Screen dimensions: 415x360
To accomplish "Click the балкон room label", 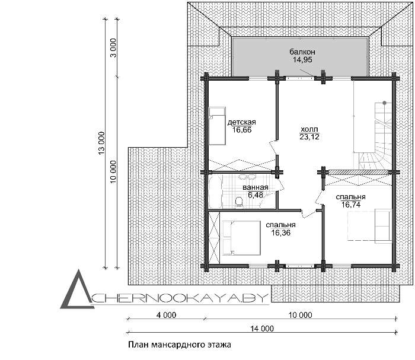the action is pyautogui.click(x=302, y=52).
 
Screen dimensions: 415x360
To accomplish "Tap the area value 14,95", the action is pyautogui.click(x=302, y=60).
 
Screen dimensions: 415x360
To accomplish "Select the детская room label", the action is pyautogui.click(x=242, y=122).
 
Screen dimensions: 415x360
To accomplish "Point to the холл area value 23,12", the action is pyautogui.click(x=309, y=137).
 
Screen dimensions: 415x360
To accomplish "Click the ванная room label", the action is pyautogui.click(x=256, y=187).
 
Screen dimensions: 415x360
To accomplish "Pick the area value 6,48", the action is pyautogui.click(x=256, y=195).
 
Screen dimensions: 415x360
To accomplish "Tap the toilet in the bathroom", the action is pyautogui.click(x=239, y=202).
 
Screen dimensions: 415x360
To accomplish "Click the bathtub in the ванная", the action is pyautogui.click(x=215, y=192).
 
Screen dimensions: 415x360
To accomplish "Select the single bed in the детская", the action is pyautogui.click(x=217, y=126).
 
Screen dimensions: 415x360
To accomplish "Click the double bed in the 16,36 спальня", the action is pyautogui.click(x=241, y=238).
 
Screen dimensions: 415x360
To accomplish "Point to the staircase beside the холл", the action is pyautogui.click(x=375, y=136).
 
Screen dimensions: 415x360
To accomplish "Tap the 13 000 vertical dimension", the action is pyautogui.click(x=101, y=143).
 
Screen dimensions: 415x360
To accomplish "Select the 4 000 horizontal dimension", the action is pyautogui.click(x=166, y=315).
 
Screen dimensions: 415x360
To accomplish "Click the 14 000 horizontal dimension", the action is pyautogui.click(x=262, y=329).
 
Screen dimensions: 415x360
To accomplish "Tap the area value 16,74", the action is pyautogui.click(x=351, y=205).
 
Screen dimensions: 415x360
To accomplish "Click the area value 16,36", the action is pyautogui.click(x=280, y=232).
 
